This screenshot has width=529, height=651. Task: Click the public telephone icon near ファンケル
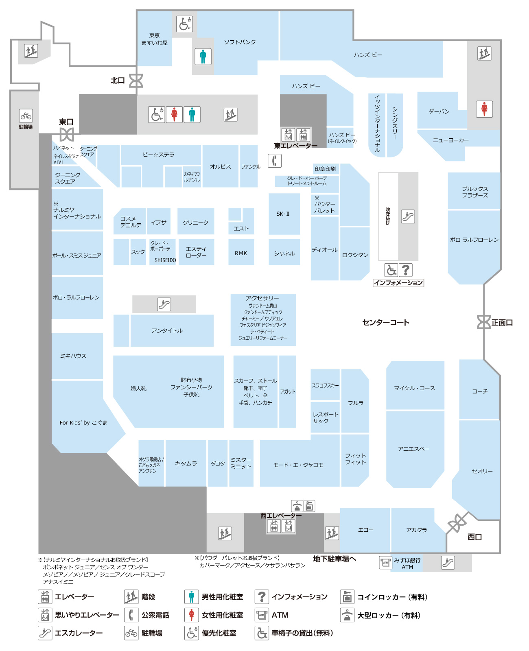point(274,160)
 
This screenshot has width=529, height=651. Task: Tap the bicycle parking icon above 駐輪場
point(26,116)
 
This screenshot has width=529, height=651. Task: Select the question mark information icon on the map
point(405,270)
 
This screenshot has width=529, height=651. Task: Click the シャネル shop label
point(284,253)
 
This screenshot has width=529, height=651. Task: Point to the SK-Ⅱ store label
point(282,214)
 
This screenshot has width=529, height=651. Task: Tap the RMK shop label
point(240,253)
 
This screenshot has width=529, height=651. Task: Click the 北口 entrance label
point(117,81)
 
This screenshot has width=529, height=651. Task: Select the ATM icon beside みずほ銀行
point(385,562)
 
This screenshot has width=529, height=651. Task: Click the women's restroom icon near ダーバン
point(484,109)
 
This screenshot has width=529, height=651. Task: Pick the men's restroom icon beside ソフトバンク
point(203,57)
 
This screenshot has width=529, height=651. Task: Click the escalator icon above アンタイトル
point(164,304)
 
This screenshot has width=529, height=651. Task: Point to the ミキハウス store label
point(73,356)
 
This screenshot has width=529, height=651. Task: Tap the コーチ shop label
point(479,391)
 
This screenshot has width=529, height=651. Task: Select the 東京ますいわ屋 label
point(154,39)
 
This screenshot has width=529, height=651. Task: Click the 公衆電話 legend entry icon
point(131,615)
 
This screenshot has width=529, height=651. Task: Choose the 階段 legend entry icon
point(131,596)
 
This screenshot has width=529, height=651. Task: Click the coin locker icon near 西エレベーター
point(309,506)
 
